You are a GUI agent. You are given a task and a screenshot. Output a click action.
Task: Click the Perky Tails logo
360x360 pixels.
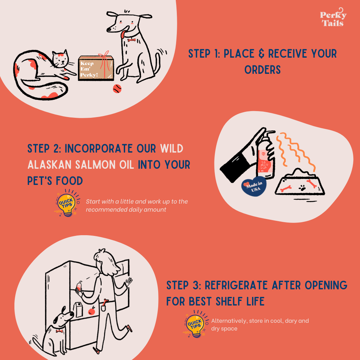click(333, 18)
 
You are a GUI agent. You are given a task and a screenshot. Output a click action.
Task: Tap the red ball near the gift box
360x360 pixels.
click(117, 89)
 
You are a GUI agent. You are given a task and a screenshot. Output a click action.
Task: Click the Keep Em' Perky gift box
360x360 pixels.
click(96, 68)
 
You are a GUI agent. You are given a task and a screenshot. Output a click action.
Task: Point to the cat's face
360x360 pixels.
click(60, 59)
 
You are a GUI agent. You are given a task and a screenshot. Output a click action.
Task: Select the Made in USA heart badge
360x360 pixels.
click(254, 187)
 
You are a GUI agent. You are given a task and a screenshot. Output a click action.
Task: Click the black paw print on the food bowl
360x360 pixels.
click(302, 188)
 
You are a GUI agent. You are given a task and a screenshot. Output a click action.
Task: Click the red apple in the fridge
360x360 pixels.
click(92, 311)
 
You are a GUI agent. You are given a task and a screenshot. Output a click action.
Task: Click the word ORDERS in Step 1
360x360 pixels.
click(262, 70)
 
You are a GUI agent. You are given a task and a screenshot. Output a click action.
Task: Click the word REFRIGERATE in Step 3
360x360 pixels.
click(236, 285)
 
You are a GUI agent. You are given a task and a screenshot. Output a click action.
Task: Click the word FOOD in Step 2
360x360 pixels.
click(69, 181)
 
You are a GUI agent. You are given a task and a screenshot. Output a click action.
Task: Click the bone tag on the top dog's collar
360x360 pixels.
click(131, 40)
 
